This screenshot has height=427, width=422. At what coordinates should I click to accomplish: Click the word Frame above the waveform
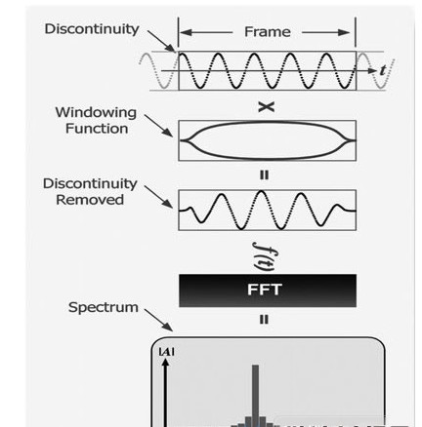[x=268, y=32]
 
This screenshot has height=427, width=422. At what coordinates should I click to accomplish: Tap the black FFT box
[x=268, y=291]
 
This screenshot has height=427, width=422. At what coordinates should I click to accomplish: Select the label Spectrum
[x=104, y=307]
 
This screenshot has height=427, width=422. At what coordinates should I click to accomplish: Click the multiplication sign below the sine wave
[x=266, y=107]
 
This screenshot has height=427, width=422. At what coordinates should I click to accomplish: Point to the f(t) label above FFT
[x=264, y=256]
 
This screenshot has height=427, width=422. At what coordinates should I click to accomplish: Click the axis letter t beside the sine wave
[x=383, y=70]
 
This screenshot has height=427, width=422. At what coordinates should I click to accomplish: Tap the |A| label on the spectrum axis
[x=166, y=352]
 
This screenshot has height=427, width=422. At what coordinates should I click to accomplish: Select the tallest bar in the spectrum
[x=256, y=396]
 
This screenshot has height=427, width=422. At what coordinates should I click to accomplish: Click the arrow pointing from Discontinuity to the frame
[x=161, y=41]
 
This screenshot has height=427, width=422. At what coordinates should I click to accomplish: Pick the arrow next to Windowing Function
[x=158, y=126]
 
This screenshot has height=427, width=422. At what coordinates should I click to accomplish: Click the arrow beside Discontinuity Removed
[x=158, y=197]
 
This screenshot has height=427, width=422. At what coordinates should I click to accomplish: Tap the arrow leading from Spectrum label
[x=158, y=320]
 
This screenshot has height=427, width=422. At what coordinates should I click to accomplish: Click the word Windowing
[x=96, y=112]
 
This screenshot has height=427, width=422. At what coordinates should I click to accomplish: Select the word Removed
[x=90, y=200]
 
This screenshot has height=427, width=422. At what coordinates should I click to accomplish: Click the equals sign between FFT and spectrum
[x=264, y=320]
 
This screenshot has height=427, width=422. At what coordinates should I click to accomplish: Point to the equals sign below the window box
[x=264, y=175]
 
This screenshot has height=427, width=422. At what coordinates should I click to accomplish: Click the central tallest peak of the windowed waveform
[x=262, y=191]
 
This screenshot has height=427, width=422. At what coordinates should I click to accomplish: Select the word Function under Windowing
[x=97, y=129]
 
